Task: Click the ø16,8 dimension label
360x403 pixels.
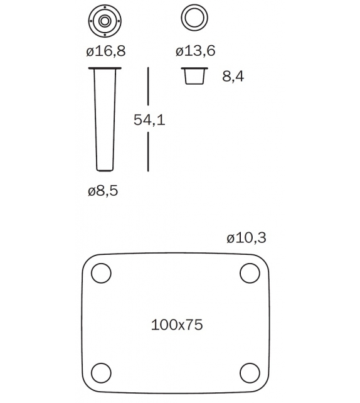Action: click(106, 51)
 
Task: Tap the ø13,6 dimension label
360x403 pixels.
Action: click(196, 50)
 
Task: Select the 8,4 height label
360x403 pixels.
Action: click(233, 77)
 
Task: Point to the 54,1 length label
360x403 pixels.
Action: click(149, 120)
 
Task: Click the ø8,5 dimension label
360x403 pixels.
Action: click(103, 191)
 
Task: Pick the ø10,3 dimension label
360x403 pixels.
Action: click(246, 238)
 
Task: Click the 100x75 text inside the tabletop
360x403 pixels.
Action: click(177, 325)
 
